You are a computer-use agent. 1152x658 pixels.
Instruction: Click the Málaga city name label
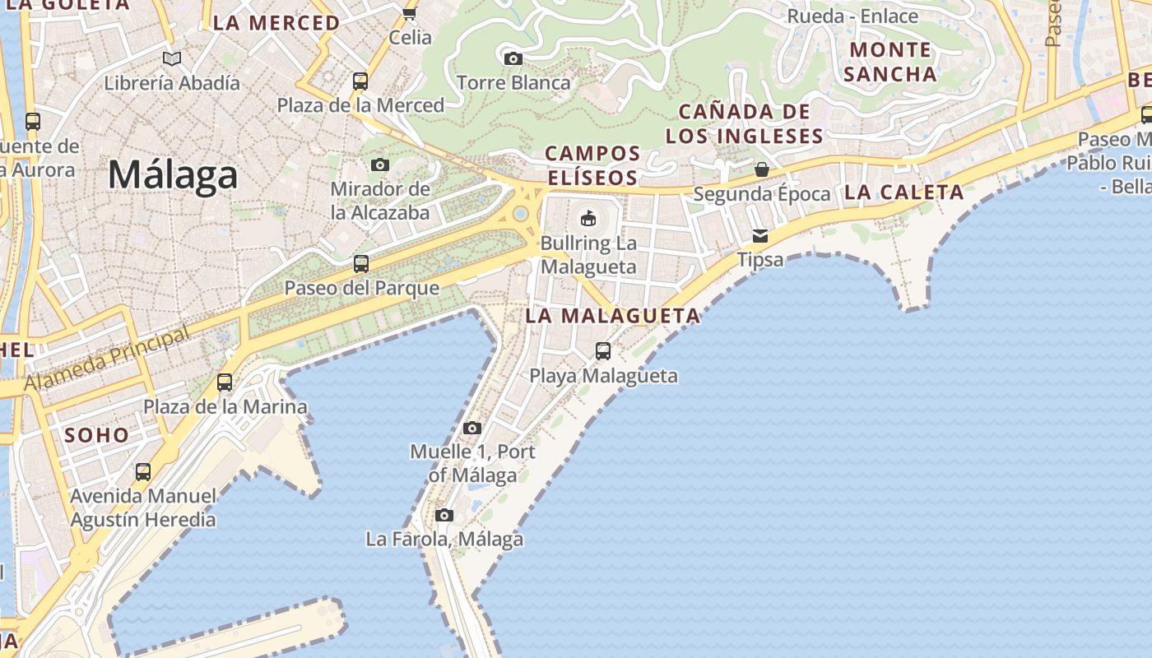(x=173, y=175)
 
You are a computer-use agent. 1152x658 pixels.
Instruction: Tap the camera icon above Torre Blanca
(x=513, y=58)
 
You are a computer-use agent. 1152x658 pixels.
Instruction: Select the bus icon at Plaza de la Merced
(x=360, y=81)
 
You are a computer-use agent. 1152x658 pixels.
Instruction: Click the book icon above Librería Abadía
(x=171, y=59)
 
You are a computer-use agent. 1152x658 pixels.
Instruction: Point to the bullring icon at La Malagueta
(x=588, y=218)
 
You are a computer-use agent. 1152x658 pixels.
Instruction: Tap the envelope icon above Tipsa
(x=760, y=236)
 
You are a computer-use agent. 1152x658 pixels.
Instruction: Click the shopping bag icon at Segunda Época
(x=762, y=169)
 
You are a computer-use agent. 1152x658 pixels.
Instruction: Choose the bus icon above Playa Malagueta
(x=603, y=351)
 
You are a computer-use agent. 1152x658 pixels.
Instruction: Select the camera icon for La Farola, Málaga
(x=444, y=516)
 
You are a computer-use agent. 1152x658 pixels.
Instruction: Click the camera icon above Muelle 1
(x=471, y=428)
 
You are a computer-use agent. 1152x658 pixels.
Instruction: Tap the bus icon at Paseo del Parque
(x=360, y=264)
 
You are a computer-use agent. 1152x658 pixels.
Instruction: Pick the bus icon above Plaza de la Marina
(x=225, y=382)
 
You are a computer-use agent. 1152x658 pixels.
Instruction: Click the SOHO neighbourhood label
(x=97, y=436)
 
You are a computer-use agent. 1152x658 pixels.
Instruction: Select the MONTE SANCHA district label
(x=890, y=62)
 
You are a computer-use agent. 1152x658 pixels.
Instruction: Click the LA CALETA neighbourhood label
(x=903, y=192)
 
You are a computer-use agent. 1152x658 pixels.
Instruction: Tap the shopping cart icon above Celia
(x=409, y=13)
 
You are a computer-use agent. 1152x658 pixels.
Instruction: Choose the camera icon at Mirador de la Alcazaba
(x=379, y=164)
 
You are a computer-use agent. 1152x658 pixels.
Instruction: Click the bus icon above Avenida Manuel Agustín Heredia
(x=143, y=472)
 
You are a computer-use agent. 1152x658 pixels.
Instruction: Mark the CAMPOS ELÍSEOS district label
(x=592, y=165)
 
